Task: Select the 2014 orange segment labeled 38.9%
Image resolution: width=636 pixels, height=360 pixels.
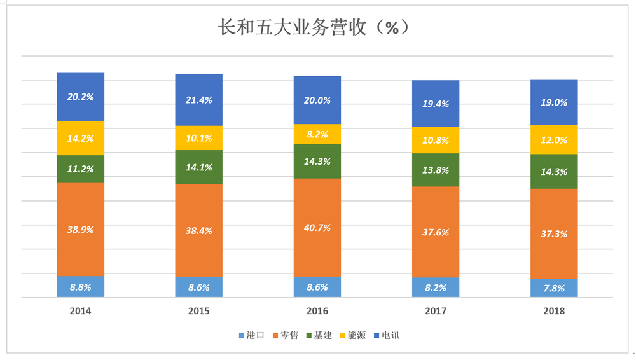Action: (81, 229)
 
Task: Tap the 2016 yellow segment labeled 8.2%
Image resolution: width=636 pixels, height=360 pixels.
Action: (317, 134)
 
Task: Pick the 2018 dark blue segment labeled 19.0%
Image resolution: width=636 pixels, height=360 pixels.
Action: (554, 102)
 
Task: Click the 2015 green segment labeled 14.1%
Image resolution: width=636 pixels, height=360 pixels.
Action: (199, 167)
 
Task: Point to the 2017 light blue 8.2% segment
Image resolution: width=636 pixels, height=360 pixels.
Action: (436, 287)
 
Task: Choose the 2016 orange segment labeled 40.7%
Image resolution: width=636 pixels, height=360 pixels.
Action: (317, 227)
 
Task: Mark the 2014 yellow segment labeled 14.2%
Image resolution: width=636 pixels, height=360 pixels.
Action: (81, 138)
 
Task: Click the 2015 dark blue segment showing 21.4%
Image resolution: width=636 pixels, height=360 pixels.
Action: (199, 100)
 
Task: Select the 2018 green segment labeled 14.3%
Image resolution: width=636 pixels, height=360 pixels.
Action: (554, 171)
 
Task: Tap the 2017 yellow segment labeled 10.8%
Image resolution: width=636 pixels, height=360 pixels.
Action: (436, 140)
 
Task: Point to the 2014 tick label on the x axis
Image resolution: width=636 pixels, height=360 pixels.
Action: (81, 312)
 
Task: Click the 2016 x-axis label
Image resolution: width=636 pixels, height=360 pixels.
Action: (317, 312)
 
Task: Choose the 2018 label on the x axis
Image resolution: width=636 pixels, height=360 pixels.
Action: (554, 312)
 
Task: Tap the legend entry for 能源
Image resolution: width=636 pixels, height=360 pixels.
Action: (356, 335)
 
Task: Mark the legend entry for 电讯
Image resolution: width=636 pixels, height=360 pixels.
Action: (390, 335)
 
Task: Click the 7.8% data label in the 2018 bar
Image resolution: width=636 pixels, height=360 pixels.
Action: (554, 288)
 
